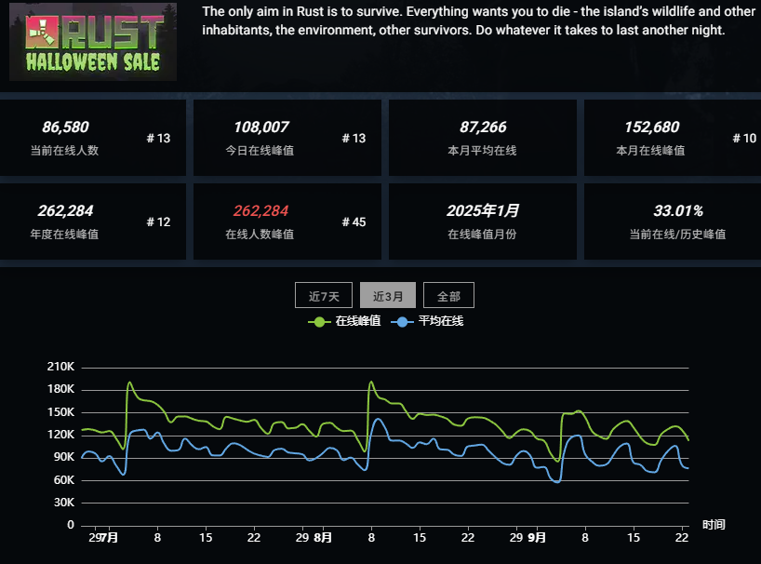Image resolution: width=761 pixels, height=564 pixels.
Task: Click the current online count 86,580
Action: pyautogui.click(x=65, y=128)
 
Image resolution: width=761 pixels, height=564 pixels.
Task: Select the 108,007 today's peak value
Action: pyautogui.click(x=260, y=128)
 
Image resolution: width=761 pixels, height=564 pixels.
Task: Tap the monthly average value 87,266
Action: pyautogui.click(x=483, y=128)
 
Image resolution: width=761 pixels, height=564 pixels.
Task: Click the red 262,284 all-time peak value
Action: pyautogui.click(x=260, y=211)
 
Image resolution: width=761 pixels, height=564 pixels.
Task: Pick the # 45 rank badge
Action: pyautogui.click(x=354, y=222)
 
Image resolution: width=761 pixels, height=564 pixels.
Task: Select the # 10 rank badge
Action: pyautogui.click(x=744, y=139)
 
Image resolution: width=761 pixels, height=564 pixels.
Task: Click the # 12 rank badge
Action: pyautogui.click(x=158, y=222)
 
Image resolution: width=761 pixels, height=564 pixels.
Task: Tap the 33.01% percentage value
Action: pyautogui.click(x=678, y=211)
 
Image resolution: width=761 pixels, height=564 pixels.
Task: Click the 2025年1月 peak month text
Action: pyautogui.click(x=483, y=211)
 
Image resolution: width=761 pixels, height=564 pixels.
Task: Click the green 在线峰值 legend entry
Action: pyautogui.click(x=345, y=321)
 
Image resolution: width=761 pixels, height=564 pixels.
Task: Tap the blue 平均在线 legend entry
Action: pyautogui.click(x=429, y=321)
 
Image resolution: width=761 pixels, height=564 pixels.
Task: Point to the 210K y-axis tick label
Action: pyautogui.click(x=60, y=367)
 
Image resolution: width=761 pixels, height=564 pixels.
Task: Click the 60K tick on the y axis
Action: pyautogui.click(x=63, y=480)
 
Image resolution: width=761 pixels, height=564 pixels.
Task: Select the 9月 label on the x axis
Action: pyautogui.click(x=537, y=538)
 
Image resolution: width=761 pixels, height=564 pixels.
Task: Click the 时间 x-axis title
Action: pyautogui.click(x=714, y=526)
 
